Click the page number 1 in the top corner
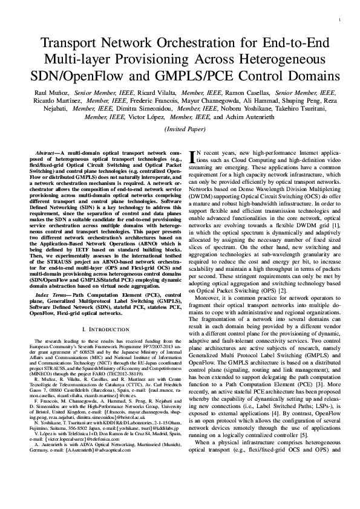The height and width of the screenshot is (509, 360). click(341, 21)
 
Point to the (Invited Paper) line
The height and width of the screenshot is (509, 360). click(180, 129)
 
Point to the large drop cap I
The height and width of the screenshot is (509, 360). click(193, 157)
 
